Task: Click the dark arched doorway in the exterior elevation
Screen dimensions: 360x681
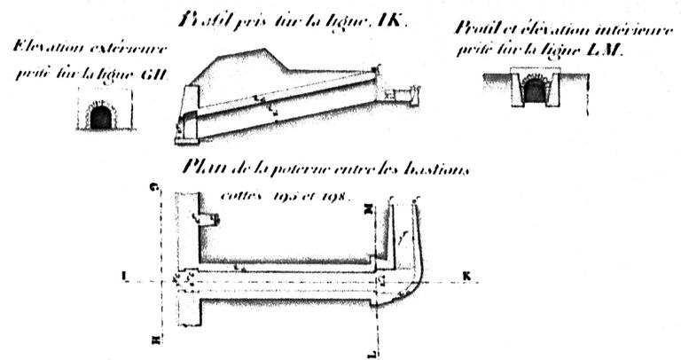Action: point(101,118)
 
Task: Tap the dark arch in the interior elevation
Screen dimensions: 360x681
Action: point(535,90)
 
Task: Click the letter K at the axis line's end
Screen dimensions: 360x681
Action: point(466,276)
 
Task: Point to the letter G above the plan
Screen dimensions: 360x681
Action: point(155,187)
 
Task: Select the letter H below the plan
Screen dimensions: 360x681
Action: point(155,340)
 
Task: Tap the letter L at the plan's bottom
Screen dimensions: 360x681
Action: point(379,353)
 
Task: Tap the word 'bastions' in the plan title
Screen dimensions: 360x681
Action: point(436,168)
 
